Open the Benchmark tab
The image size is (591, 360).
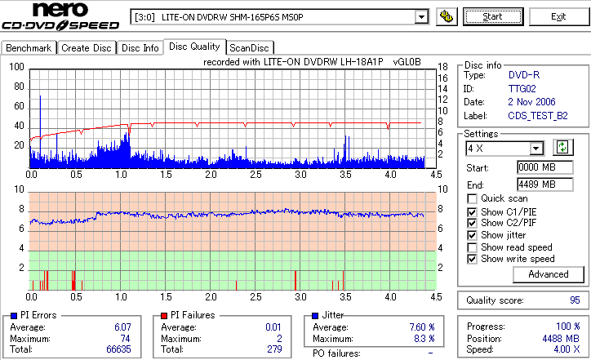point(29,48)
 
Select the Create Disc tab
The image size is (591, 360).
point(87,48)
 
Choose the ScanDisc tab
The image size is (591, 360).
point(249,48)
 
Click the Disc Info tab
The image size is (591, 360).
point(140,48)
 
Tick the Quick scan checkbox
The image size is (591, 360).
point(473,198)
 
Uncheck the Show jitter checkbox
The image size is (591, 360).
point(473,235)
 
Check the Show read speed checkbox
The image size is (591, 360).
point(473,247)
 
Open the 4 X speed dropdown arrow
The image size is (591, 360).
point(536,149)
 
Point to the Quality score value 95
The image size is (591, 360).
point(575,300)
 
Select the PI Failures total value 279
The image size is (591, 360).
point(274,349)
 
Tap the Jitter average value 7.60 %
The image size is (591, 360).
point(421,327)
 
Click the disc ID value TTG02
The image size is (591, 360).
point(522,88)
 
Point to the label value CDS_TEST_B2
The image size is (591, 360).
point(537,116)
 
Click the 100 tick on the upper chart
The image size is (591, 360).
point(16,67)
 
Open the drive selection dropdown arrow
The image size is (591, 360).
point(421,16)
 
